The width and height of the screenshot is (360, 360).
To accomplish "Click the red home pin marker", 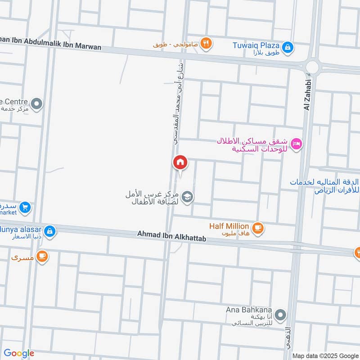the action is pos(180,162).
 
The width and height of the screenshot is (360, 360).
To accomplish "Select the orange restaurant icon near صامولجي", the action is pos(207,43).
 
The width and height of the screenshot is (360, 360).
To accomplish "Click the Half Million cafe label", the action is pos(229,226).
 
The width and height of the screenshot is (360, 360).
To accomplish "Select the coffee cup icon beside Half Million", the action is pos(258,228).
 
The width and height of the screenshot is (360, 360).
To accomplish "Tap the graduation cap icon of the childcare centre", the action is pos(188,196).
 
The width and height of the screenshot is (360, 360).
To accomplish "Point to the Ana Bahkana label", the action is pos(249,311).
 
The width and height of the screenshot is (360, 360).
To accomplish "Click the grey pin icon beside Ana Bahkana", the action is pos(280,315).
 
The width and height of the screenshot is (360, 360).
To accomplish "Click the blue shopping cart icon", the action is pos(25,207).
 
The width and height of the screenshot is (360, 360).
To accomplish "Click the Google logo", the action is pos(19,353).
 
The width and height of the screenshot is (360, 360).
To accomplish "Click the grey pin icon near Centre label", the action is pos(37,104).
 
